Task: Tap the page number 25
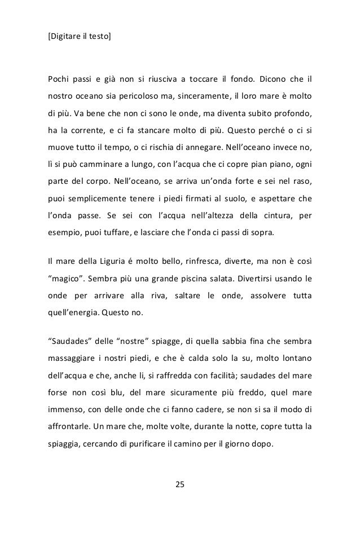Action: [x=180, y=484]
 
